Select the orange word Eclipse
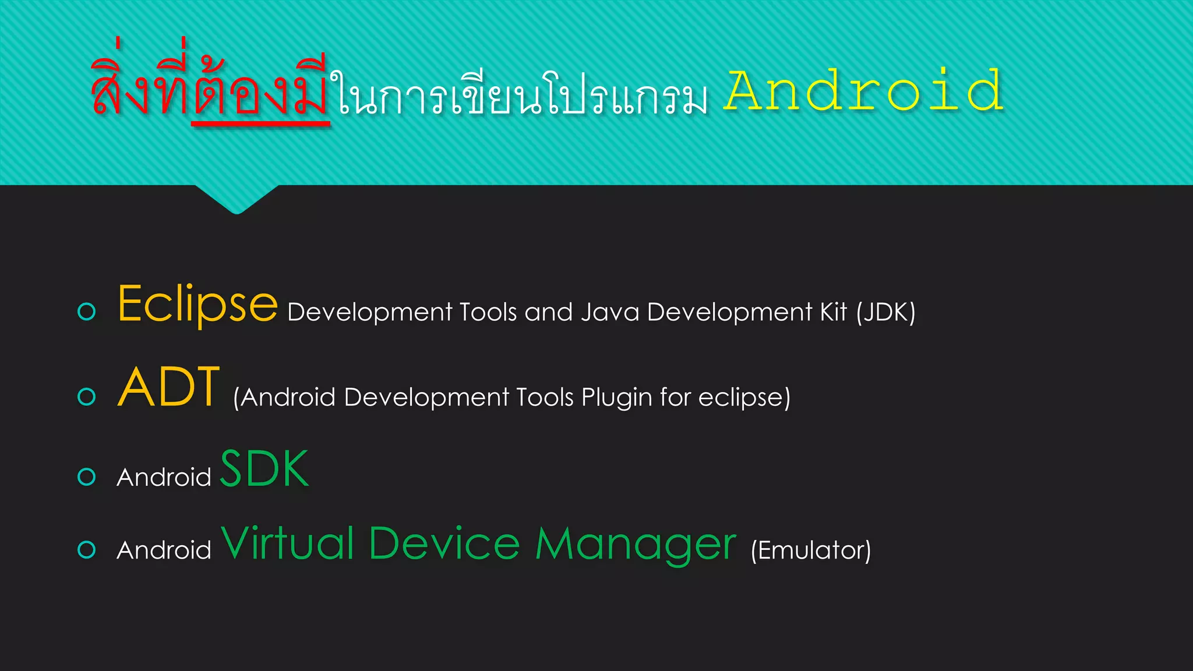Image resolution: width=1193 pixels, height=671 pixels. pos(197,305)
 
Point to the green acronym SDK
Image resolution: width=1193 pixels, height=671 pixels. pos(264,469)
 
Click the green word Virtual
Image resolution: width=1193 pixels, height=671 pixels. pos(288,543)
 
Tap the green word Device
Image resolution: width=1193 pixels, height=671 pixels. pos(444,543)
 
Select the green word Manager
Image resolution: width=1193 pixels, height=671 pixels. pos(636,545)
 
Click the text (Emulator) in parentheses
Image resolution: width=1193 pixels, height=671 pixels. pos(811,550)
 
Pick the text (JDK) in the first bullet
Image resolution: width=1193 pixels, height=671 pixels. pos(885,312)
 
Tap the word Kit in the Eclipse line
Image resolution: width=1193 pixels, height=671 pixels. pos(833,312)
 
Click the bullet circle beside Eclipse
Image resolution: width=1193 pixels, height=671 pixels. pos(87,312)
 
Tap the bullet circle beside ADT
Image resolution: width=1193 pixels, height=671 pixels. pos(87,397)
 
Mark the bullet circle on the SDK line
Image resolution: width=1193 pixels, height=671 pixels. pos(87,477)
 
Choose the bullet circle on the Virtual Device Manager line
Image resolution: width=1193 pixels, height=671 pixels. pos(87,550)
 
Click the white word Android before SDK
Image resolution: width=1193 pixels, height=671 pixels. pos(164,478)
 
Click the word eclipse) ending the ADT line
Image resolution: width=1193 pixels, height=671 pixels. pos(744,398)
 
